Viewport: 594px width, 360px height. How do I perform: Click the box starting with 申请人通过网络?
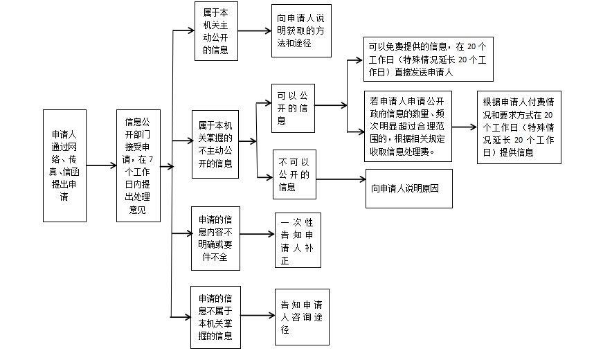click(65, 165)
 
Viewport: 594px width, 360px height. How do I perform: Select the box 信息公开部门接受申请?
click(138, 165)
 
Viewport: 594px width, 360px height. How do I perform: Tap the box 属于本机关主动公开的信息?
click(216, 31)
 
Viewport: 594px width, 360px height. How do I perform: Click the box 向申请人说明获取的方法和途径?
click(302, 30)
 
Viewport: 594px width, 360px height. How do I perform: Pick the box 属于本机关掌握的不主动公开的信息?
click(215, 145)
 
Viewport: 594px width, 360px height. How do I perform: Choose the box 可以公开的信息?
click(294, 109)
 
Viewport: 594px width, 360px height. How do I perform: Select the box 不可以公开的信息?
click(294, 174)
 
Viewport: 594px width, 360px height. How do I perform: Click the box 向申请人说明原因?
click(409, 188)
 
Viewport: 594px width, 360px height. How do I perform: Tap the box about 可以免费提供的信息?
click(429, 59)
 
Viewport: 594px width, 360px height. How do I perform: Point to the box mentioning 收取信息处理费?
click(408, 126)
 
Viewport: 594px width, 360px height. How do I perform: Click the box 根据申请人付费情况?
click(519, 127)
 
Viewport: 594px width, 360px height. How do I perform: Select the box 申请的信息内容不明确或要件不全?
click(215, 238)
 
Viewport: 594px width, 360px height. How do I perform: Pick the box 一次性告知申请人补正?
click(298, 240)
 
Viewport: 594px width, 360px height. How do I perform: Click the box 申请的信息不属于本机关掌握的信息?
click(215, 317)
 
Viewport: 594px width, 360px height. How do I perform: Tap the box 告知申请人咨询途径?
click(303, 317)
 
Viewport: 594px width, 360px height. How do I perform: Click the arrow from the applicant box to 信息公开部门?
click(102, 165)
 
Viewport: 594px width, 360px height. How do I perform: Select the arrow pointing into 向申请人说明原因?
click(341, 179)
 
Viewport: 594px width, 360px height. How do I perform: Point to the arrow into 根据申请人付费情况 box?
click(465, 127)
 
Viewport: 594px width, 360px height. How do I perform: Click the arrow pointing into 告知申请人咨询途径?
click(258, 315)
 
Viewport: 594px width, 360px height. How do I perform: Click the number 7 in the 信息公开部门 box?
click(151, 159)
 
